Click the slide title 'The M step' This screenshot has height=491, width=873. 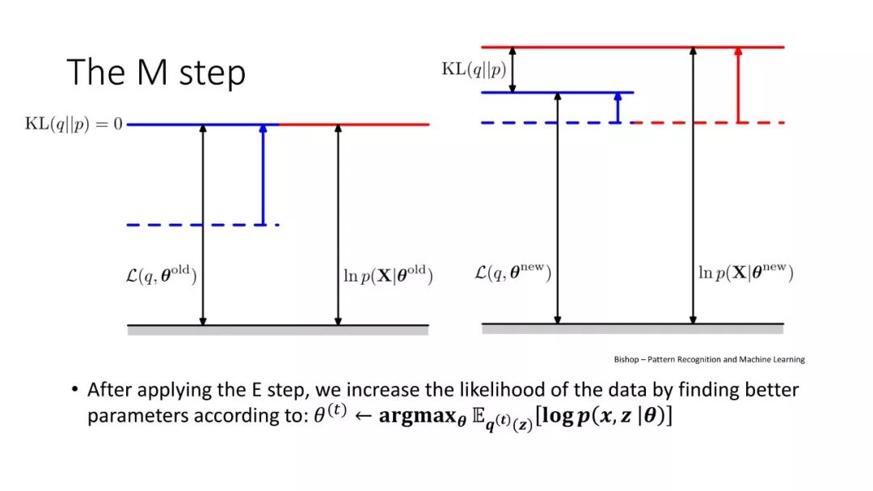click(x=156, y=72)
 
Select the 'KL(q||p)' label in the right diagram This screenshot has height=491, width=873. click(x=474, y=70)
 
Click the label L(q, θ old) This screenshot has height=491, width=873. click(x=157, y=275)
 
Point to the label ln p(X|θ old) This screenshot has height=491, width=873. click(x=385, y=275)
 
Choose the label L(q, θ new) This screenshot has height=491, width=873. click(x=512, y=274)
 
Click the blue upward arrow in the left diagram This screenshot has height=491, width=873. click(x=263, y=174)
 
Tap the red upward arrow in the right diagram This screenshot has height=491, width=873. click(x=737, y=84)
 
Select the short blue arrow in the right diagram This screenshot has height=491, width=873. click(x=618, y=108)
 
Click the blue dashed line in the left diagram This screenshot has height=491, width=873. click(x=202, y=224)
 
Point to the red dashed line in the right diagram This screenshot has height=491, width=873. click(x=707, y=123)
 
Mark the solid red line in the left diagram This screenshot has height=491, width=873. click(x=354, y=125)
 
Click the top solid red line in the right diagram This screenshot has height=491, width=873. click(x=633, y=47)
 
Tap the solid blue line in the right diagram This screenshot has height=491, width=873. click(x=557, y=92)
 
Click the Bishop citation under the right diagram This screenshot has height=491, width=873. click(x=709, y=359)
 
